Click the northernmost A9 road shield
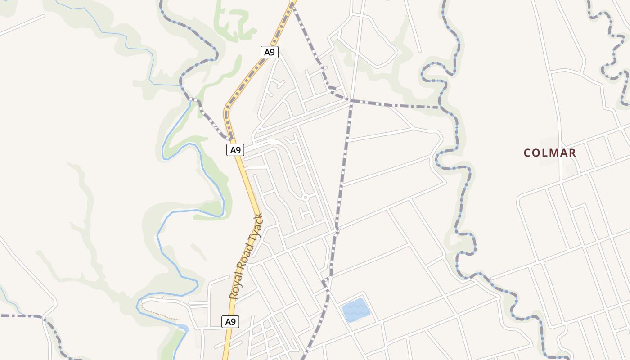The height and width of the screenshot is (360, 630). (x=269, y=52)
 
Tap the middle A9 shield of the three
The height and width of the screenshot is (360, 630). (x=235, y=150)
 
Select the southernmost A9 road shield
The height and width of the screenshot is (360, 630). (x=230, y=322)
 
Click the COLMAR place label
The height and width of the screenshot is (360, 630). (x=549, y=153)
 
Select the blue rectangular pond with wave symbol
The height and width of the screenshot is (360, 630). (x=356, y=310)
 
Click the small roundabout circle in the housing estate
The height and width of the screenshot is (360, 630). (x=305, y=197)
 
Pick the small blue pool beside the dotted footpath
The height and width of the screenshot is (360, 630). (x=183, y=327)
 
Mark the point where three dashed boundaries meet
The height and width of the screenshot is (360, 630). (x=351, y=101)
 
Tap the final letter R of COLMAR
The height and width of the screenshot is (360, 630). (x=572, y=153)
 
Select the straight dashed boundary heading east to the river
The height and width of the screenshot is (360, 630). (x=396, y=106)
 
